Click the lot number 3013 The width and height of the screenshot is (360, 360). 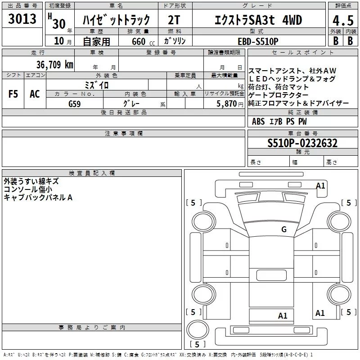(22, 19)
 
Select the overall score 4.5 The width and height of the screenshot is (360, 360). (343, 20)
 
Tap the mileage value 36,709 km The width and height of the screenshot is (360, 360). (54, 65)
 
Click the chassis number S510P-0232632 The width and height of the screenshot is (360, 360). (302, 143)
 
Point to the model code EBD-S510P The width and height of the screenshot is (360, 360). (258, 41)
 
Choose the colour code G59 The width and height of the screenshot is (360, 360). (75, 104)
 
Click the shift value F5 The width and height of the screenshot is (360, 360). (13, 94)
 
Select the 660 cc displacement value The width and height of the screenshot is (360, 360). (143, 42)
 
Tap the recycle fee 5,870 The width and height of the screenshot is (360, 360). (227, 104)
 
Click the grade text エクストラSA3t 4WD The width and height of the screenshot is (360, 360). (258, 20)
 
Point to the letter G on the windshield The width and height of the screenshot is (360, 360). (284, 229)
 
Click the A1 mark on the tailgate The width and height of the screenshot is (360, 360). (283, 316)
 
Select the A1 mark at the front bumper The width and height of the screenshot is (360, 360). (320, 185)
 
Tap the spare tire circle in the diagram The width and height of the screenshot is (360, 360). (198, 330)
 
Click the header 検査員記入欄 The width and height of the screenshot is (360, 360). (92, 173)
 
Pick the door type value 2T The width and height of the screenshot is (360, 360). (174, 20)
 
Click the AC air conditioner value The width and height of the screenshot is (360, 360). (35, 94)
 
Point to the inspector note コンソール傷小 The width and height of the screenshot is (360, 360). (28, 189)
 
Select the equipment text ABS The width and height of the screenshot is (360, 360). (258, 121)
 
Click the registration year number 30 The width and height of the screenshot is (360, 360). (59, 24)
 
